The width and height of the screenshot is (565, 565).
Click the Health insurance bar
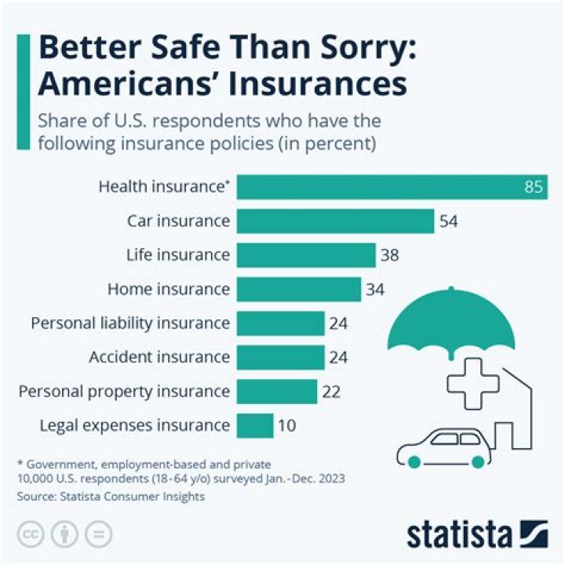(x=392, y=188)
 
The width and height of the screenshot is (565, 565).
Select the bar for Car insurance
(x=335, y=221)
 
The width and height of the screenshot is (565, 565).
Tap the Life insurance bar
(x=306, y=255)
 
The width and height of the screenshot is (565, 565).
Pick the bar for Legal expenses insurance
(x=254, y=426)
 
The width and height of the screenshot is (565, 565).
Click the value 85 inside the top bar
(x=534, y=188)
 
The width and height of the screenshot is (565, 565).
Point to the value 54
(x=449, y=221)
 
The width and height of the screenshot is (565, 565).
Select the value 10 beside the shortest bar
(x=287, y=426)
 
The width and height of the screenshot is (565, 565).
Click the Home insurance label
(x=169, y=290)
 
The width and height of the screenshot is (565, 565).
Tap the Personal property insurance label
(x=124, y=392)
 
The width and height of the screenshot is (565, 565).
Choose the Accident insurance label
(x=159, y=358)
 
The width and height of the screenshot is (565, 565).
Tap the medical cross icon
(x=472, y=381)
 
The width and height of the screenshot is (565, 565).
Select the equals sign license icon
(x=98, y=534)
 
